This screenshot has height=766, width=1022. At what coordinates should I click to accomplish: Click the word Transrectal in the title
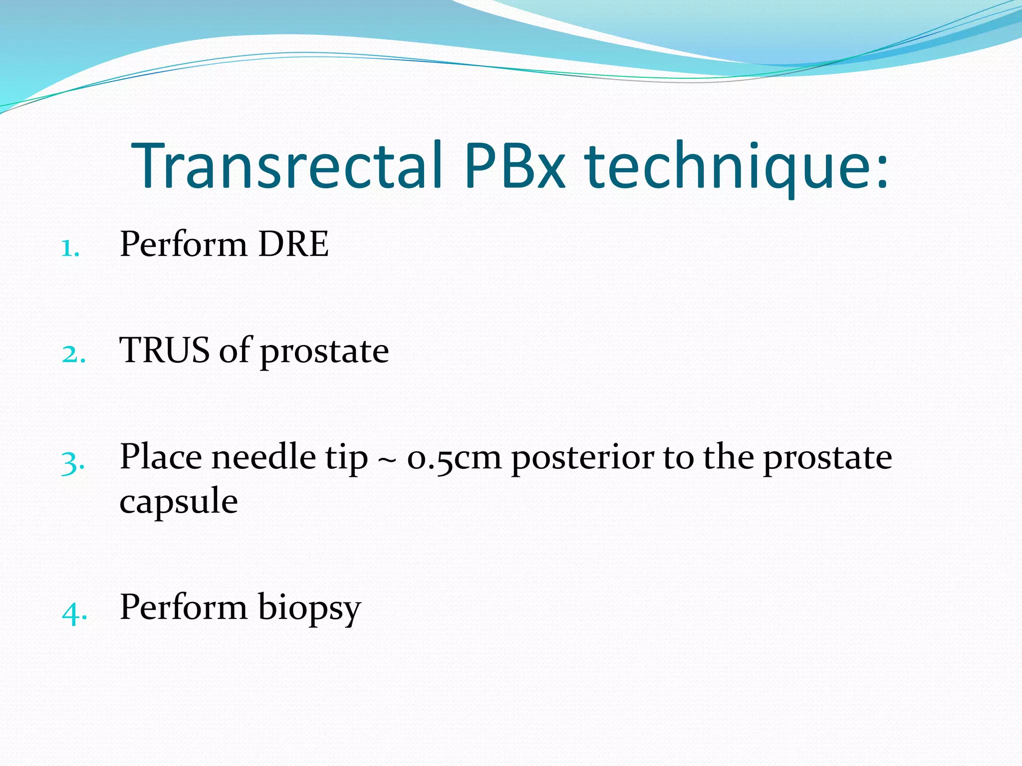286,166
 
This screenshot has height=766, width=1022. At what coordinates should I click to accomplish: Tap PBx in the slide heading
514,166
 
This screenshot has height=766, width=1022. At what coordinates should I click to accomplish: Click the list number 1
70,248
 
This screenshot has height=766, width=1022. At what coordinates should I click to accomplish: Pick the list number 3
73,462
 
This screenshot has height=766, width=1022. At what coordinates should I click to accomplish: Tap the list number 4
74,611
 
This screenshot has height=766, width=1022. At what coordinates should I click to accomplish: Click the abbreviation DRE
293,244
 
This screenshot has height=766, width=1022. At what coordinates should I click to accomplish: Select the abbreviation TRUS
164,350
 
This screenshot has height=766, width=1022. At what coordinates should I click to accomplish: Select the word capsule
179,502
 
